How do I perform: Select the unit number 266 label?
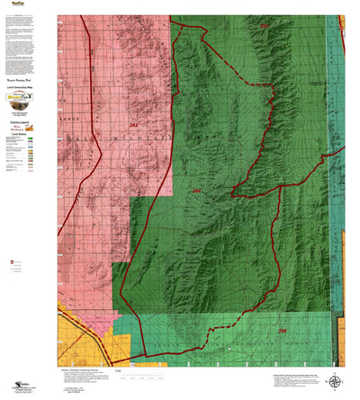pyautogui.click(x=282, y=332)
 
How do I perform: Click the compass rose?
pyautogui.click(x=335, y=379)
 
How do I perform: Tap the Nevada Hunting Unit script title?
pyautogui.click(x=19, y=78)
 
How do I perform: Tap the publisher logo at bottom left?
pyautogui.click(x=13, y=380)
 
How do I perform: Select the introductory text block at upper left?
pyautogui.click(x=19, y=40)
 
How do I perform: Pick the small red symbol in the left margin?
pyautogui.click(x=11, y=262)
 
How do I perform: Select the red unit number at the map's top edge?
pyautogui.click(x=264, y=27)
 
